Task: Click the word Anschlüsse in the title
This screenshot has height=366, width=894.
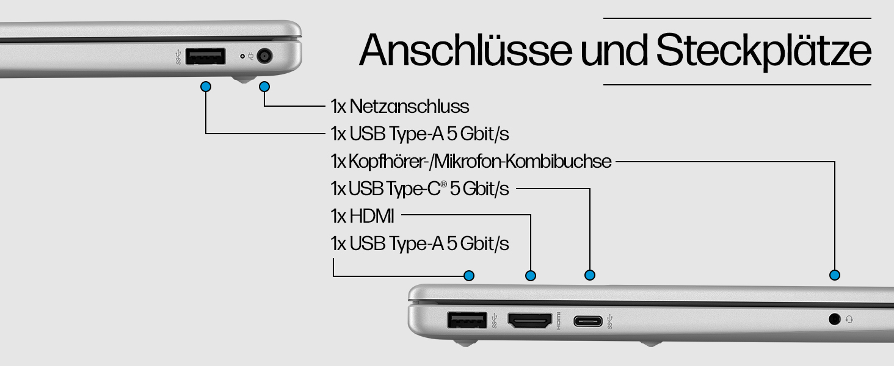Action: coord(465,50)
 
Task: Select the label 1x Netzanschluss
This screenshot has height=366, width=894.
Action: coord(400,107)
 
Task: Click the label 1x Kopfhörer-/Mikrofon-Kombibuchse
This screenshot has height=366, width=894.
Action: coord(471,162)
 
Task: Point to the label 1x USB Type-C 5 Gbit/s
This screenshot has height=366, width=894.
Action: coord(420,188)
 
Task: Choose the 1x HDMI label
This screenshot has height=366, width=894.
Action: coord(362,216)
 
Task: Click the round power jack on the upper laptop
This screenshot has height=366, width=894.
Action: coord(264,56)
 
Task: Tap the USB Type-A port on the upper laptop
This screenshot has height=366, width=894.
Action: coord(205,56)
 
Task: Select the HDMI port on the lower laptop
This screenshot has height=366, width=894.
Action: coord(529,320)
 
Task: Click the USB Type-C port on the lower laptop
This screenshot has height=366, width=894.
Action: coord(588,321)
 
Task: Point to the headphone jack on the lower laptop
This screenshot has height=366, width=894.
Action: coord(834,320)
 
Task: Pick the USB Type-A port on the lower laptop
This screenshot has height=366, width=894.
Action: coord(467,320)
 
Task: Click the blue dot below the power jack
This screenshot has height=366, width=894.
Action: coord(264,87)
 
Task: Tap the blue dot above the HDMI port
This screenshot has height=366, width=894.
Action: coord(531,276)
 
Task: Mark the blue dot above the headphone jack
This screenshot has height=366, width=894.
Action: coord(835,275)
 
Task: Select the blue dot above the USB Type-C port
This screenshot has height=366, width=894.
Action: coord(590,275)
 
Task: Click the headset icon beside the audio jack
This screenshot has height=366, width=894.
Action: coord(849,320)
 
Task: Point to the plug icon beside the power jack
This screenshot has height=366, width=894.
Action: coord(250,56)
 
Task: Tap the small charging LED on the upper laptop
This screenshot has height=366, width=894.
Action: coord(242,56)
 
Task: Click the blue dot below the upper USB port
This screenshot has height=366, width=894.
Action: coord(206,87)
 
